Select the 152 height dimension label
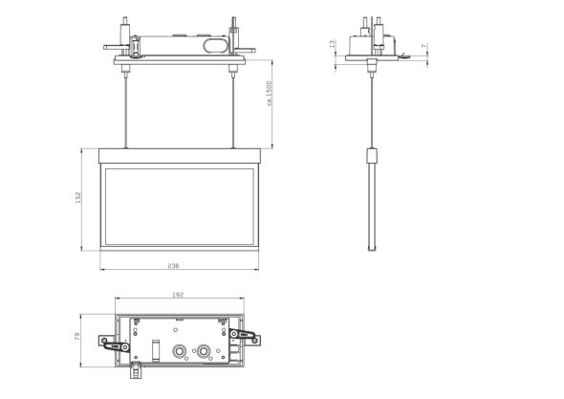point(78,196)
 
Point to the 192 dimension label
point(179,296)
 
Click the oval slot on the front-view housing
point(216,44)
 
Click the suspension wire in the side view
point(373,105)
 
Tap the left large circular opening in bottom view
point(179,351)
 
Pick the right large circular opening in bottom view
point(204,351)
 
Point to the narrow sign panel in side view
point(373,201)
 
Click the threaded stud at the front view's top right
point(234,24)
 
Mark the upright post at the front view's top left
point(125,29)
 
